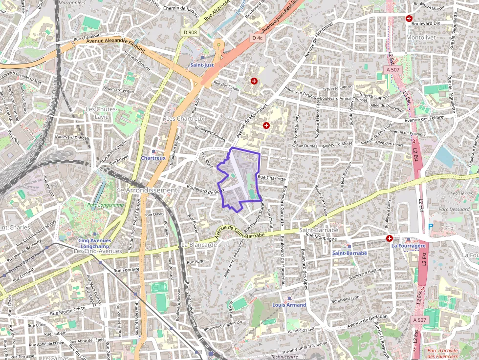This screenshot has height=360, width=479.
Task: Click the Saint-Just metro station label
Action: tap(202, 64)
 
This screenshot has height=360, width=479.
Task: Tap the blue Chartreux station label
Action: tap(153, 158)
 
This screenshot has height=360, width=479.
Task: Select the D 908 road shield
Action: tap(191, 32)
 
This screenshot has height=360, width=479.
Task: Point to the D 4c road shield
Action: tap(257, 38)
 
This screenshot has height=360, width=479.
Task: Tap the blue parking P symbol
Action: tap(430, 226)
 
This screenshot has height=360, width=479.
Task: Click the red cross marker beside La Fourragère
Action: tap(390, 238)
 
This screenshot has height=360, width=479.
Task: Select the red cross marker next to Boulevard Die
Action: tap(409, 18)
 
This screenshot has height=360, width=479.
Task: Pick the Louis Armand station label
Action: tap(289, 305)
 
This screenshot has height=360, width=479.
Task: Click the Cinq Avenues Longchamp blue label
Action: tap(95, 243)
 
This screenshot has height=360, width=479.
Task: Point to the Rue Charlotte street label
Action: tap(271, 179)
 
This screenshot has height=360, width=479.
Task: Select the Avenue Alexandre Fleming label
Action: tap(115, 45)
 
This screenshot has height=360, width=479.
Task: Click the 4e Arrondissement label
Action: tap(146, 190)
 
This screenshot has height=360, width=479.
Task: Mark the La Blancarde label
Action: tap(198, 244)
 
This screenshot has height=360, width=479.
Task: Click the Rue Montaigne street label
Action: tap(321, 238)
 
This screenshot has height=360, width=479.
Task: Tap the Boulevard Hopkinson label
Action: tap(223, 325)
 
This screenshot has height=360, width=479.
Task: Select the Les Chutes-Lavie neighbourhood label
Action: tap(102, 112)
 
